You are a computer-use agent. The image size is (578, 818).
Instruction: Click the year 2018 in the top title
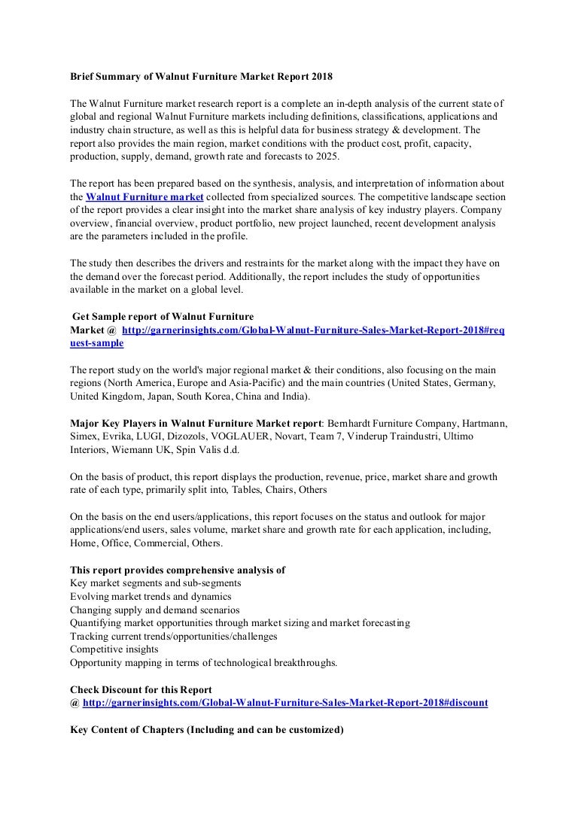point(319,77)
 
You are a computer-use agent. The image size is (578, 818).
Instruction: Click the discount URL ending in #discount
point(285,702)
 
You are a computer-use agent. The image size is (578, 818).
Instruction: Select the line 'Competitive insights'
point(114,648)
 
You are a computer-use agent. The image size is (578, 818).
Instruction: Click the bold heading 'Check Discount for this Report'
point(141,689)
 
